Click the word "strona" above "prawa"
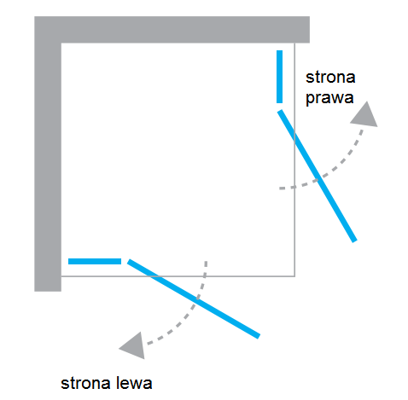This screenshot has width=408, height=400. [330, 78]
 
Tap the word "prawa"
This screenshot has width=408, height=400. [329, 98]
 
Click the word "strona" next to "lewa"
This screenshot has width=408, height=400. [85, 384]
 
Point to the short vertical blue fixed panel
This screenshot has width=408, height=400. [279, 77]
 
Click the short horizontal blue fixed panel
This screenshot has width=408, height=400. [95, 261]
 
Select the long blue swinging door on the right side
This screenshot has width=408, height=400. [318, 176]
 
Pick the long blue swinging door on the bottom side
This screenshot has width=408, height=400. [194, 299]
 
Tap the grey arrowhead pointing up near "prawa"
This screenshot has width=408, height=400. [365, 115]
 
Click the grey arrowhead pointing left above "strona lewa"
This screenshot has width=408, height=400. [134, 346]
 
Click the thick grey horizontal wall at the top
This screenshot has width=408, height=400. [172, 30]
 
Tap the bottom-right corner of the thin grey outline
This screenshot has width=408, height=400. [294, 276]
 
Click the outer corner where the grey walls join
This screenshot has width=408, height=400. [35, 16]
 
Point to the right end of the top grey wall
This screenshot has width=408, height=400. [310, 30]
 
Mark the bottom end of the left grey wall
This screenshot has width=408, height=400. [48, 292]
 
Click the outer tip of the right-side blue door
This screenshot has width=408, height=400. [355, 241]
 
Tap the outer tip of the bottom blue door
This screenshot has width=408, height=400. [259, 337]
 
